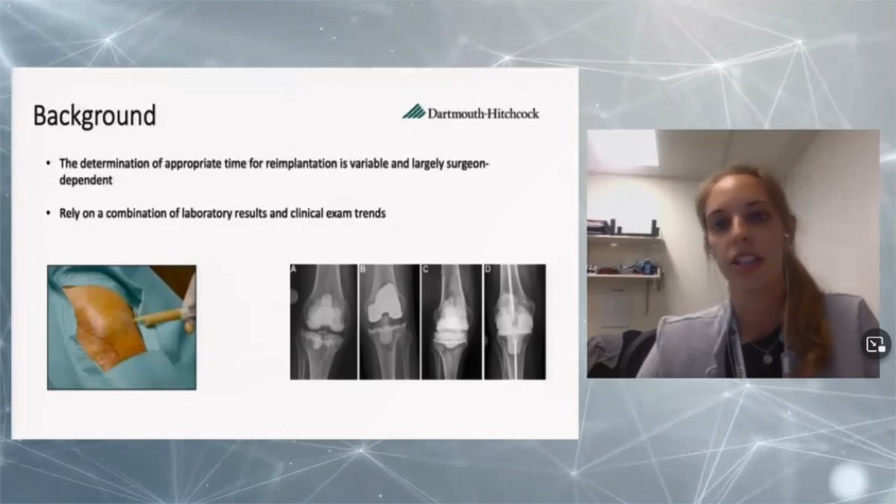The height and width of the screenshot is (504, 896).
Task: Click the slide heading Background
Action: pyautogui.click(x=94, y=116)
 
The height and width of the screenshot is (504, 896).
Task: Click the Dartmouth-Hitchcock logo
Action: pyautogui.click(x=471, y=113)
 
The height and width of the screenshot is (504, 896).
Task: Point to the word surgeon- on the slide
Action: pyautogui.click(x=465, y=162)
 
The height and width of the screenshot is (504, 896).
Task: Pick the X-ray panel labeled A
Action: pyautogui.click(x=323, y=321)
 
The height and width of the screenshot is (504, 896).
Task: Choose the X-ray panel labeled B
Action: pyautogui.click(x=388, y=321)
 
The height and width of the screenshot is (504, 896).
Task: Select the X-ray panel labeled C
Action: pyautogui.click(x=450, y=321)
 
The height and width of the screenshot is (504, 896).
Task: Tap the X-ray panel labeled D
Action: pyautogui.click(x=514, y=321)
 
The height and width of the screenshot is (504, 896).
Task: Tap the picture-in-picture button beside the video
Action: pyautogui.click(x=875, y=344)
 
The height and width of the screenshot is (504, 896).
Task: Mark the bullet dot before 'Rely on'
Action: pyautogui.click(x=49, y=213)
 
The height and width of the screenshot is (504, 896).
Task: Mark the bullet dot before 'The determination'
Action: pyautogui.click(x=49, y=162)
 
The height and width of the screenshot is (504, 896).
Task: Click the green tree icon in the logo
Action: pyautogui.click(x=413, y=112)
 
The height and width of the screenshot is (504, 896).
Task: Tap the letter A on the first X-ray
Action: pyautogui.click(x=295, y=270)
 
